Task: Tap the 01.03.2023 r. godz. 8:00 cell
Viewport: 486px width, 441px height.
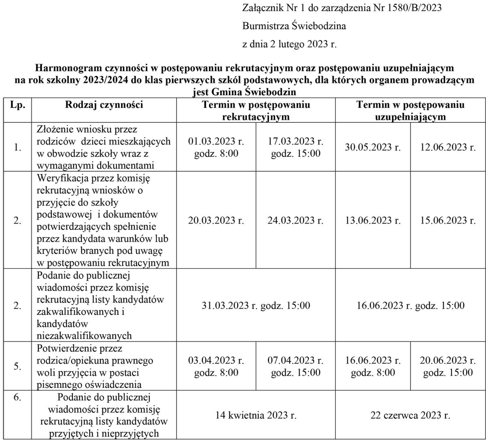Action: coord(216,148)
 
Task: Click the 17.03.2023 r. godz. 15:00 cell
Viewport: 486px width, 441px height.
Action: coord(296,148)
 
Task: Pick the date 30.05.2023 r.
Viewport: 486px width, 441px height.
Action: coord(373,148)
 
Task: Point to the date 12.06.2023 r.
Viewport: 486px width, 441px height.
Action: coord(448,148)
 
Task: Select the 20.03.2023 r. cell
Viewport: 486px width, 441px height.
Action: coord(216,220)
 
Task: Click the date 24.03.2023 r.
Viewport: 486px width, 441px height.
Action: coord(296,220)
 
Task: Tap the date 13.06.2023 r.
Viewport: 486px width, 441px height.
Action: coord(373,220)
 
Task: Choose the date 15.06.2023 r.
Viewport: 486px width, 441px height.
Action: coord(448,220)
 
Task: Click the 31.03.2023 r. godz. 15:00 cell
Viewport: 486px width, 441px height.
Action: coord(256,305)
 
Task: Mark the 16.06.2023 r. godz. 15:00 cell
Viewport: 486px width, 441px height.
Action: coord(411,305)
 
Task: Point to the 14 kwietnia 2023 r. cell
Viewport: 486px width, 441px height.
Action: coord(256,415)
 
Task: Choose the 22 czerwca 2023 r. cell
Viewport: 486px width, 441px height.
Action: coord(411,415)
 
